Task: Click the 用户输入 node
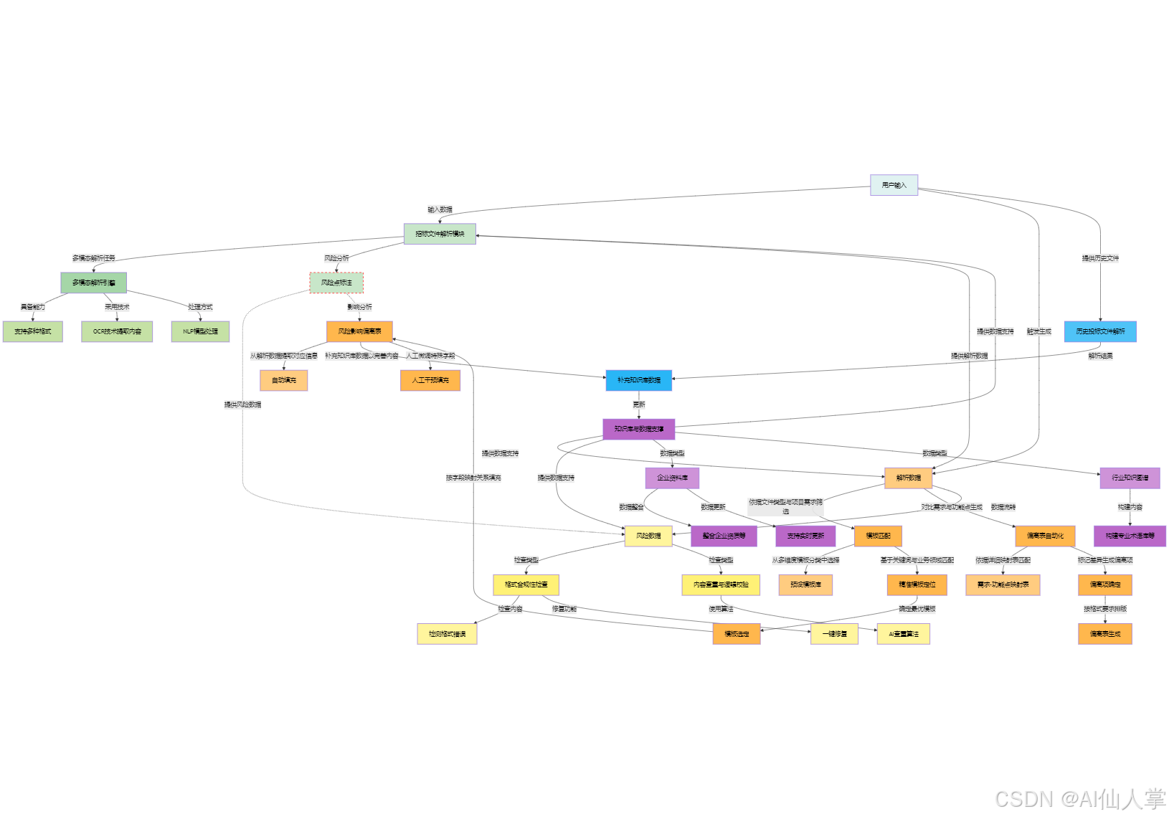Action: click(x=894, y=185)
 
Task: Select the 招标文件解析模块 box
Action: click(x=440, y=234)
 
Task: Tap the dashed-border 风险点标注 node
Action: click(x=336, y=283)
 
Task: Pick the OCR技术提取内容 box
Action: click(x=117, y=331)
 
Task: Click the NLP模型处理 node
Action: click(x=200, y=331)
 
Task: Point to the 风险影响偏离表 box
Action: click(x=359, y=331)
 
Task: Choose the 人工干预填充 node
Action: click(x=430, y=380)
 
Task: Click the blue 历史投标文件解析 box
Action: click(x=1100, y=331)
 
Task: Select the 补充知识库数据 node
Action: click(x=638, y=380)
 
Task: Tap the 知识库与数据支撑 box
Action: click(x=638, y=429)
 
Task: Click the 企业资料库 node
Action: click(x=672, y=478)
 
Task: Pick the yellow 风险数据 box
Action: click(x=648, y=536)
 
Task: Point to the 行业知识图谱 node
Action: click(x=1130, y=478)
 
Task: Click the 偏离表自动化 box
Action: click(x=1045, y=536)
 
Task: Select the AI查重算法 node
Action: click(x=903, y=634)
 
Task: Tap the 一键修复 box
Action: click(x=834, y=634)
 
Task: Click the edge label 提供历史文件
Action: click(x=1100, y=258)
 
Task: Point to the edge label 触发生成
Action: click(x=1038, y=331)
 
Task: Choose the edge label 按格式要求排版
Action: click(x=1104, y=609)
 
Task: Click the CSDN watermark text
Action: click(x=1079, y=799)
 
